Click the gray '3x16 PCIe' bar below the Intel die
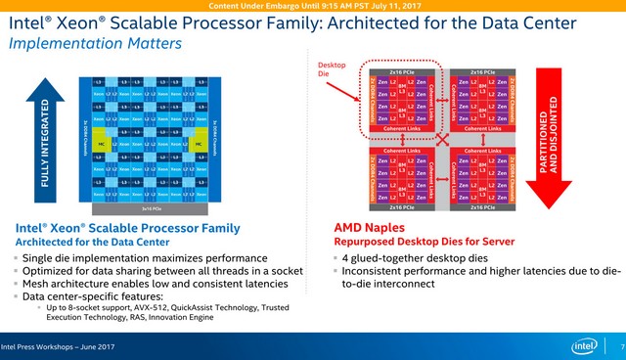point(148,208)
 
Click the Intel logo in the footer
point(585,346)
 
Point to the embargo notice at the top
point(312,7)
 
